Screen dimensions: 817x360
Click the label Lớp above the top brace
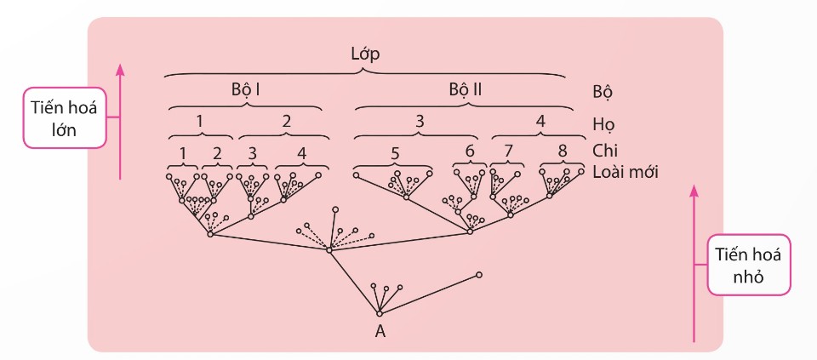[x=365, y=54]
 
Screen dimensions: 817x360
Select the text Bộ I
[x=246, y=89]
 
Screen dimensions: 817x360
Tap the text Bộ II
[x=466, y=89]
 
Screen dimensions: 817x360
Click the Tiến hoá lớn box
[x=65, y=117]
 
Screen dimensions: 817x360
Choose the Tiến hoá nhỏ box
[x=748, y=265]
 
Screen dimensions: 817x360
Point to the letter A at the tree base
[x=380, y=331]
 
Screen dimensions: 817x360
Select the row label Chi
[x=604, y=151]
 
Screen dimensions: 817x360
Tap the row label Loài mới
[x=626, y=172]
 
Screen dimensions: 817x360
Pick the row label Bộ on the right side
[x=602, y=92]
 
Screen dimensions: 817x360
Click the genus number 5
[x=395, y=154]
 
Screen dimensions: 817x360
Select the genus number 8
[x=562, y=152]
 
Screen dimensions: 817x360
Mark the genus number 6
[x=470, y=152]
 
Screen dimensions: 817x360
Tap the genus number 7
[x=509, y=152]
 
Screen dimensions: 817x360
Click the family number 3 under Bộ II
[x=420, y=122]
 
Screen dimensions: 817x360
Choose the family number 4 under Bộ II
[x=540, y=122]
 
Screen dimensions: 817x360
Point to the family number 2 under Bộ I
[x=286, y=122]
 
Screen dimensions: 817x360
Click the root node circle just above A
[x=380, y=313]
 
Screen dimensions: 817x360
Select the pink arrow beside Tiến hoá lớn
[x=120, y=122]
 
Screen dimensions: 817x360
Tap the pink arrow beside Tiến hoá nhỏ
[x=694, y=264]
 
